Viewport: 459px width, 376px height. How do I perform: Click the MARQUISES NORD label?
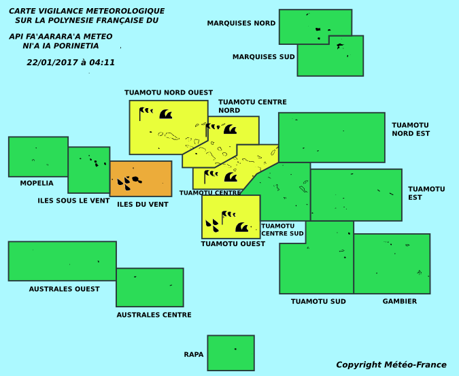(x=241, y=23)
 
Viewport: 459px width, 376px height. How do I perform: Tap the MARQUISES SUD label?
(x=263, y=56)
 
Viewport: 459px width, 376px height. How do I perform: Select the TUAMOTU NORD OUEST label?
(x=169, y=92)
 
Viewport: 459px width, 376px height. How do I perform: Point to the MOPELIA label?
(x=37, y=183)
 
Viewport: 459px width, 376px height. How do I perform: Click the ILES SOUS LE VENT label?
(x=73, y=201)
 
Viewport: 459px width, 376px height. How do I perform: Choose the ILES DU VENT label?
(x=143, y=204)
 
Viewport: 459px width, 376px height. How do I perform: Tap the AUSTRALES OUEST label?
(x=64, y=289)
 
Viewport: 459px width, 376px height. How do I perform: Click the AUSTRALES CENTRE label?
(x=154, y=315)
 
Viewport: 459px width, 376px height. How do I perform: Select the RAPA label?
(x=194, y=354)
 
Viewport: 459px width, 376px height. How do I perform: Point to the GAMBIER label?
(x=400, y=301)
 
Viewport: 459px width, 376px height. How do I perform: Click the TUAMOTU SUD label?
(x=318, y=301)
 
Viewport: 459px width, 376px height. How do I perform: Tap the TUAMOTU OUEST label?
(x=233, y=243)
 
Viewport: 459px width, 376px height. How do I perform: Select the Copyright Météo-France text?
(x=391, y=365)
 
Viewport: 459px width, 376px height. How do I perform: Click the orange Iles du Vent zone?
(x=141, y=179)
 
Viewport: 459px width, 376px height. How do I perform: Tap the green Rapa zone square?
(x=231, y=353)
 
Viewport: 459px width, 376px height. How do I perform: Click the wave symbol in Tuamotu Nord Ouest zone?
(x=166, y=114)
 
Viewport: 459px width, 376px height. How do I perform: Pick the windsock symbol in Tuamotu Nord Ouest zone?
(x=146, y=114)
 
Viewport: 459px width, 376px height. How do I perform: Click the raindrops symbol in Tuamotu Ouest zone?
(x=212, y=226)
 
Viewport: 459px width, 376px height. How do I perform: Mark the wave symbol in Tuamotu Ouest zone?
(x=242, y=227)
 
